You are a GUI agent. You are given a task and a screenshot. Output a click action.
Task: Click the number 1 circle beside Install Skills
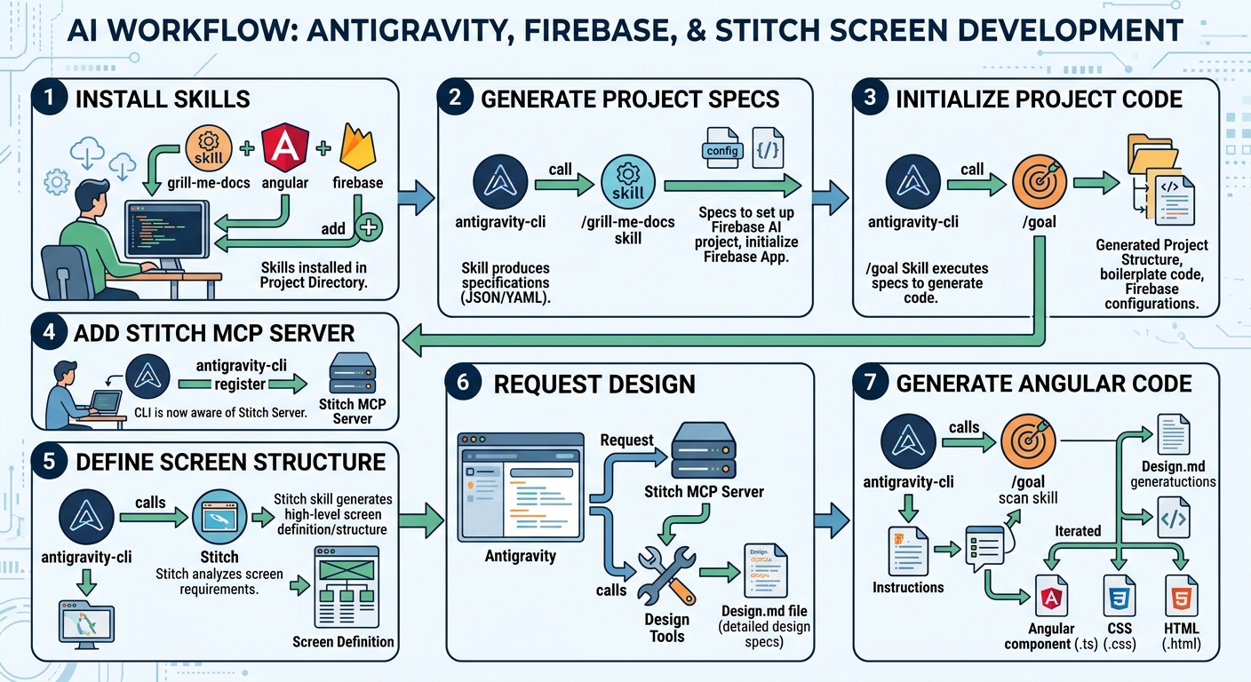(x=49, y=98)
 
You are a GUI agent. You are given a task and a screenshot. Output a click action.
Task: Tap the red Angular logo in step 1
(x=285, y=147)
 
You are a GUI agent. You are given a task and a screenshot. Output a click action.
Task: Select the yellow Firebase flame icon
(x=358, y=147)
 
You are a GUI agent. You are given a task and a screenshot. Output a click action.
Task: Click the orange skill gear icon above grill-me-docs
(x=209, y=148)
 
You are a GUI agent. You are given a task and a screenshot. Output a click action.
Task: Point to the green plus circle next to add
(x=369, y=227)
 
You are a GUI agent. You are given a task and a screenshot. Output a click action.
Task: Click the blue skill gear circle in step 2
(x=628, y=182)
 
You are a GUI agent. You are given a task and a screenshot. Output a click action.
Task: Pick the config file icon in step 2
(x=721, y=148)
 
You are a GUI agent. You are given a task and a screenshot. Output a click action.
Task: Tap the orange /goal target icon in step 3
(x=1040, y=182)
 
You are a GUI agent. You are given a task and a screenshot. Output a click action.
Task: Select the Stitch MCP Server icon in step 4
(x=353, y=373)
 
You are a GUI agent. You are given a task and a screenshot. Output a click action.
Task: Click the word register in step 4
(x=240, y=384)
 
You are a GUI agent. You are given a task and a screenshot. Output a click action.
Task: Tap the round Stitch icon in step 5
(x=219, y=518)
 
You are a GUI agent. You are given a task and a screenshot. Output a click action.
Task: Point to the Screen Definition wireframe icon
(x=347, y=587)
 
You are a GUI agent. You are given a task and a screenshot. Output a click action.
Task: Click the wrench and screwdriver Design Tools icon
(x=667, y=575)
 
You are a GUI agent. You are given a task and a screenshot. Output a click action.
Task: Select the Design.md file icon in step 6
(x=766, y=570)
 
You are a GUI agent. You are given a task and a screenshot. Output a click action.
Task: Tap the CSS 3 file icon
(x=1120, y=595)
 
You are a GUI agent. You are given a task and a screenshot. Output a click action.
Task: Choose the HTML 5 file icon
(x=1181, y=595)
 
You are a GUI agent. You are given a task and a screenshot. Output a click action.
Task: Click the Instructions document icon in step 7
(x=908, y=552)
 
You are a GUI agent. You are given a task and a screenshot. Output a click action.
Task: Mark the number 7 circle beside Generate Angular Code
(x=870, y=382)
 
